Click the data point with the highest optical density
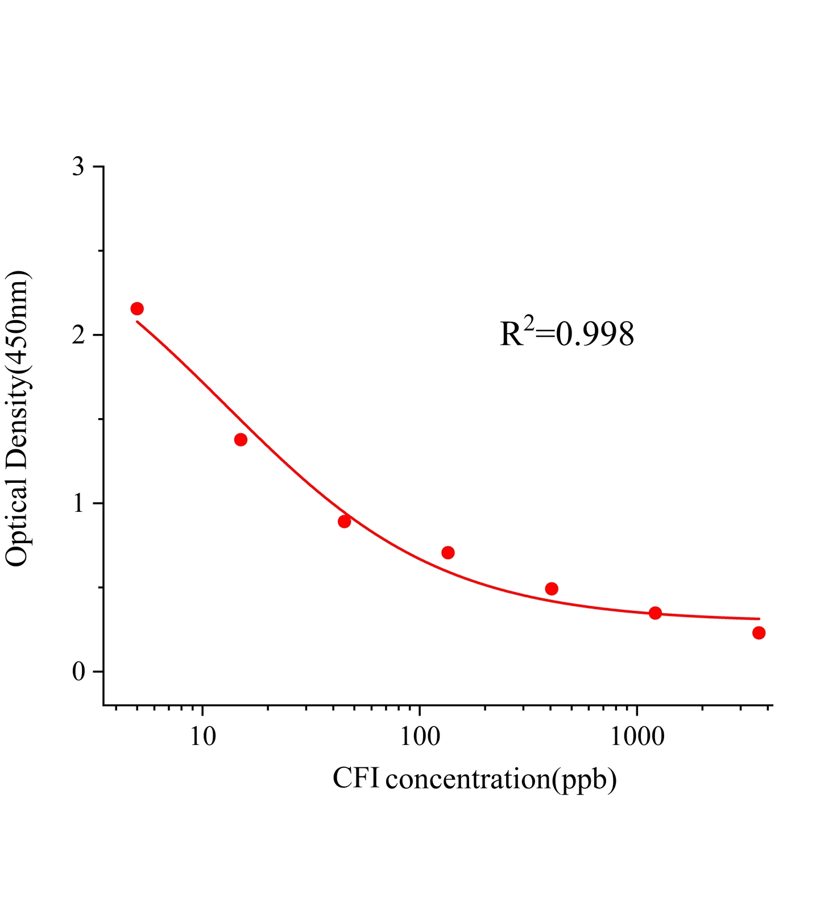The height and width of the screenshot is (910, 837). [137, 309]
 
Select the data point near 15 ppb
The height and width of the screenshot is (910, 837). [241, 440]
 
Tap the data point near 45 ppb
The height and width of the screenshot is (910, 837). [344, 522]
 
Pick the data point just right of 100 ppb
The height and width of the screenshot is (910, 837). [448, 552]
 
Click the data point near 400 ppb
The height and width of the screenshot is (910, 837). [552, 589]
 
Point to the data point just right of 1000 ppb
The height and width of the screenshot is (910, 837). [655, 613]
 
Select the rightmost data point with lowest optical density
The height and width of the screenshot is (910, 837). [759, 633]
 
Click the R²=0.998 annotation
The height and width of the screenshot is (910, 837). [567, 334]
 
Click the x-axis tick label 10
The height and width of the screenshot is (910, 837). [203, 737]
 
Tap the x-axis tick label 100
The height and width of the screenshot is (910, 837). [420, 737]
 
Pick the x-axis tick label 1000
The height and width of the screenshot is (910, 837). [637, 737]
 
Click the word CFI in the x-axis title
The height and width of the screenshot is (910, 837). [356, 778]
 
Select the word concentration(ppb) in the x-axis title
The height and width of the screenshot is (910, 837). [501, 780]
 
